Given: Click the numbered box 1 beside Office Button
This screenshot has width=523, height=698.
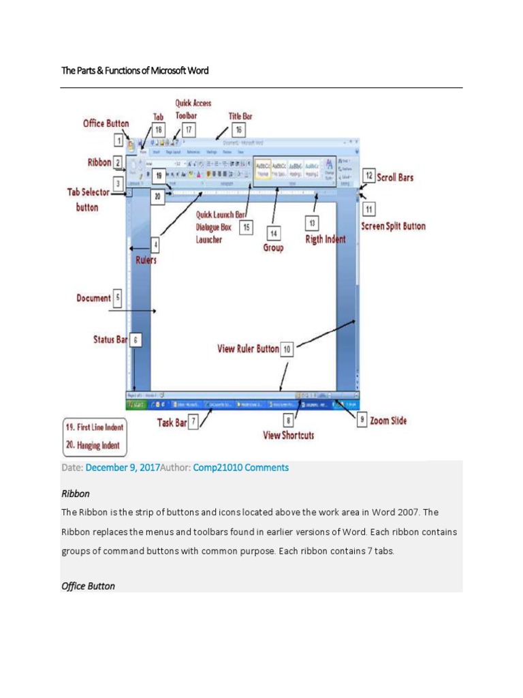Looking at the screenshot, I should (118, 142).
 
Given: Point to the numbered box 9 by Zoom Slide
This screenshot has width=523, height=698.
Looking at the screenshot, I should (362, 420).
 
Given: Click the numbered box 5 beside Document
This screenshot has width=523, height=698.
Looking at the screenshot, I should (118, 298).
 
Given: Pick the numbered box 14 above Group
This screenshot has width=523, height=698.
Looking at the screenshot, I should (273, 233).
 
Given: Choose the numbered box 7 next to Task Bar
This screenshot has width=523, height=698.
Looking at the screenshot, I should (194, 422).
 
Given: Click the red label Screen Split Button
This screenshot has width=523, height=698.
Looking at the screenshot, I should (393, 226).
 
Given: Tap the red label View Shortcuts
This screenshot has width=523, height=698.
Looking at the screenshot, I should (289, 435).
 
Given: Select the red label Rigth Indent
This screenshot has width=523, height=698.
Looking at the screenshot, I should (326, 240).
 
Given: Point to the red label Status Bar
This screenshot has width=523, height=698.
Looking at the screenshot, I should (110, 339).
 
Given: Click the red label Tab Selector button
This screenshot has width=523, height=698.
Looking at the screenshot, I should (92, 200).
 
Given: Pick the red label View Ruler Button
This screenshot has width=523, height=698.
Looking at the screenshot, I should (248, 348).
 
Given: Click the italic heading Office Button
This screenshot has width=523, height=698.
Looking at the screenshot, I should (88, 586).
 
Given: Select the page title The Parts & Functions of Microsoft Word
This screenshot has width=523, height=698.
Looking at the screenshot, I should (135, 70).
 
